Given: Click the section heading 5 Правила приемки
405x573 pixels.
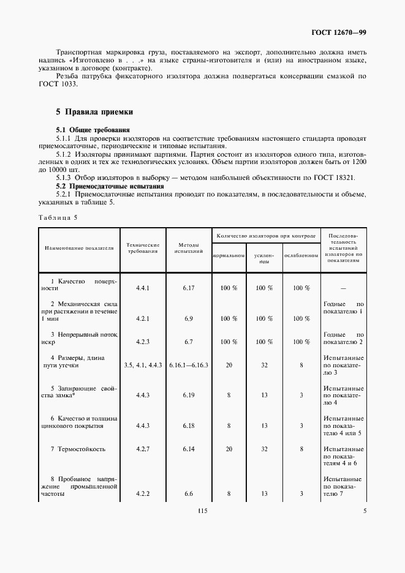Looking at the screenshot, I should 90,112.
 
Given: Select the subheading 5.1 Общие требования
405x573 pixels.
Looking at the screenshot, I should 93,130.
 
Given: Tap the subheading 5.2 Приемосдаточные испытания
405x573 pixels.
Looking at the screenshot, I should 110,185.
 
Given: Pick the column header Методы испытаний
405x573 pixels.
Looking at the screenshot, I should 187,248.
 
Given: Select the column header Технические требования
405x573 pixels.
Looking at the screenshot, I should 143,248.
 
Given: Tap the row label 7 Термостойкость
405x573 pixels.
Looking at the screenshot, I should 78,449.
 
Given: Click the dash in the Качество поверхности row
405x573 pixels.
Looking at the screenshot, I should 343,288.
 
